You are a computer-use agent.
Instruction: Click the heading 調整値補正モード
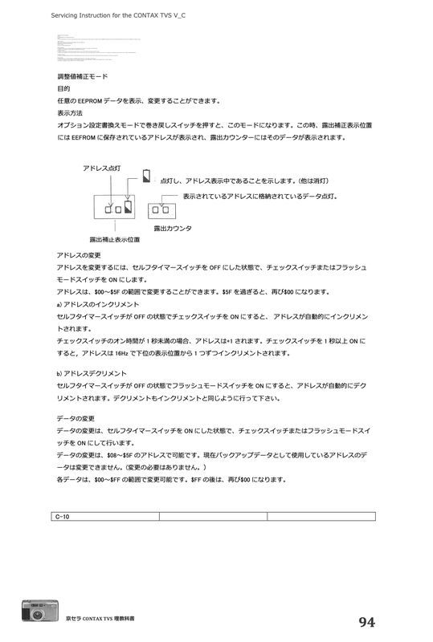83,76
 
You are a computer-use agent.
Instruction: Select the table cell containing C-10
105,516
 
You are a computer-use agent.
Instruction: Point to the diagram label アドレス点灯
102,168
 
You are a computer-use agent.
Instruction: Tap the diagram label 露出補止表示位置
114,239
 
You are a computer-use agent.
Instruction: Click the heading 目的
63,88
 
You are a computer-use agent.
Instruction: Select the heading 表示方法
70,113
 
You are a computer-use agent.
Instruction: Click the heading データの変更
76,418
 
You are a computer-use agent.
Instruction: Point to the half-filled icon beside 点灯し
146,177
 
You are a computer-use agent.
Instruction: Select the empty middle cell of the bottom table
213,516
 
